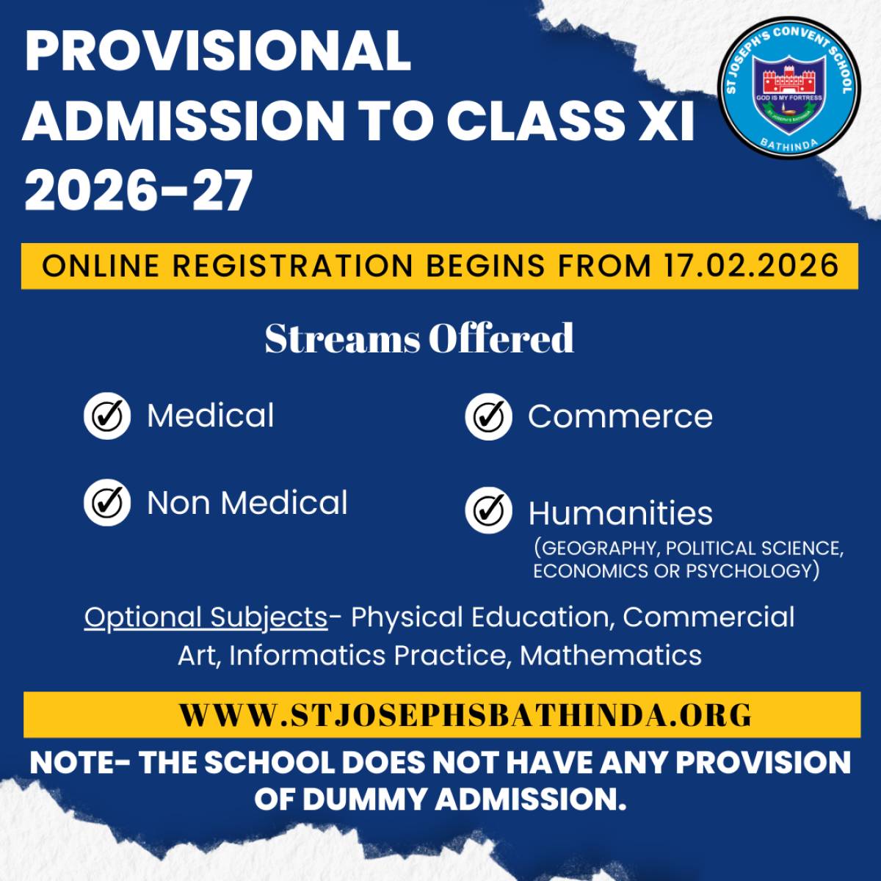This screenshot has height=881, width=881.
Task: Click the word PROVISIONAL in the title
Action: tap(217, 51)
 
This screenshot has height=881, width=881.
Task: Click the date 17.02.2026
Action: tap(751, 266)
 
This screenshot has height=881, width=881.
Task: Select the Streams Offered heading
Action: tap(419, 338)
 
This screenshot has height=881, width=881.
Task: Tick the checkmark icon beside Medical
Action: tap(107, 416)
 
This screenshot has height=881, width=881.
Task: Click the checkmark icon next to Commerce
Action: tap(488, 416)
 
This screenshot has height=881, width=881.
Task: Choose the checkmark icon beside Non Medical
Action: tap(107, 502)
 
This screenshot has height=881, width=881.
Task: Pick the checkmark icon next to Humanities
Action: tap(488, 511)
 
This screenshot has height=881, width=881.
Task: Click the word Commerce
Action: tap(620, 416)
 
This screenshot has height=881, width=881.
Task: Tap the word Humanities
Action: tap(620, 513)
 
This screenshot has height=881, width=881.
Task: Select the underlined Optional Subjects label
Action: tap(206, 618)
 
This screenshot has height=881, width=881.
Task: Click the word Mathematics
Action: tap(611, 656)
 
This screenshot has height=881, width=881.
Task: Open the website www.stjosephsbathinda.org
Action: tap(465, 715)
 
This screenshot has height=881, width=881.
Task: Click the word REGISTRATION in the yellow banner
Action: tap(293, 266)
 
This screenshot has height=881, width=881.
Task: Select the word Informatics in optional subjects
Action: tap(307, 656)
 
